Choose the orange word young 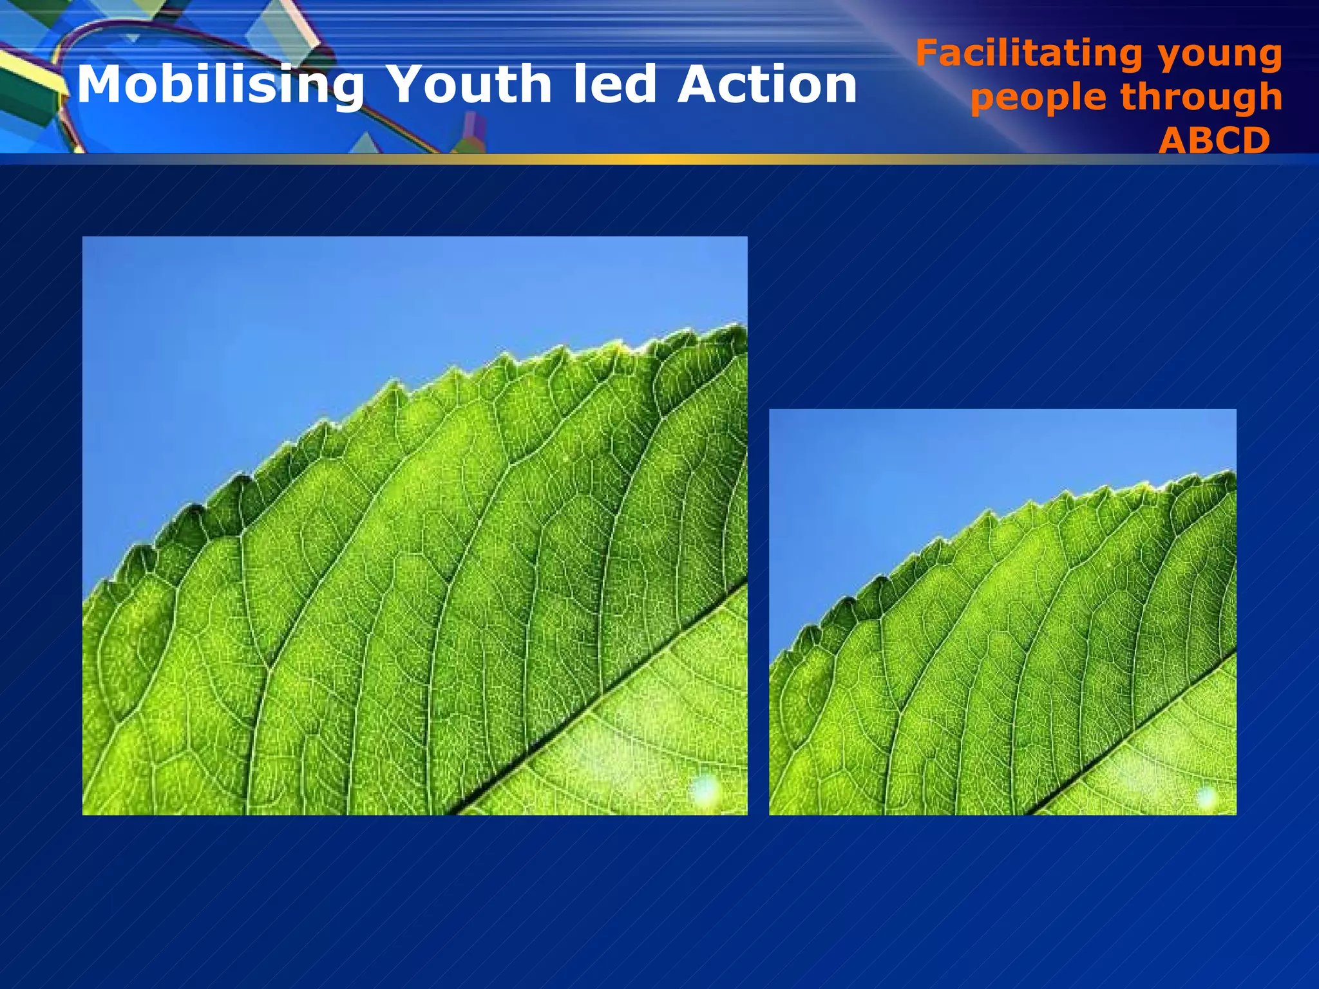coord(1220,57)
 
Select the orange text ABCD coord(1214,140)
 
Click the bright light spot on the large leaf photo coord(705,788)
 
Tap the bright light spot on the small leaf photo coord(1206,797)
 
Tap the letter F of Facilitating coord(927,53)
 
